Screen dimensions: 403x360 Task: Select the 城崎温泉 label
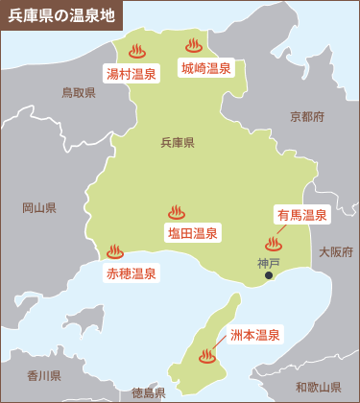click(x=206, y=67)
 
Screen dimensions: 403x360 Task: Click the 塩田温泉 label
click(x=193, y=232)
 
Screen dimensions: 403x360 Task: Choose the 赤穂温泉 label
click(x=131, y=273)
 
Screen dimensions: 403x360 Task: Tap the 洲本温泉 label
click(x=255, y=335)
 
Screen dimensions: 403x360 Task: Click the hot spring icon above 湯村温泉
click(x=135, y=50)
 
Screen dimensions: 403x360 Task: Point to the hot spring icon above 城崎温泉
click(x=194, y=45)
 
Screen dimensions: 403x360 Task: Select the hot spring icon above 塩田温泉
click(x=176, y=212)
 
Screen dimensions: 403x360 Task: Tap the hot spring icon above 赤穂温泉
click(x=115, y=251)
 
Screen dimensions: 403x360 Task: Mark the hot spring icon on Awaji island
click(x=206, y=357)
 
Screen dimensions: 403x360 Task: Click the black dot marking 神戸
click(x=269, y=276)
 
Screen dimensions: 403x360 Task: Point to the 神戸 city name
click(x=269, y=262)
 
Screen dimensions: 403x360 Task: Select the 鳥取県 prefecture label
click(x=79, y=93)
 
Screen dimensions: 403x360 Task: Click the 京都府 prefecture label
click(x=306, y=116)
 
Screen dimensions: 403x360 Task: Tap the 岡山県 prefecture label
click(x=39, y=207)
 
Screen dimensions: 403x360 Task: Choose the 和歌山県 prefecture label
click(x=318, y=386)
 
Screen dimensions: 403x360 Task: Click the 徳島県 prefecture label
click(x=149, y=392)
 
